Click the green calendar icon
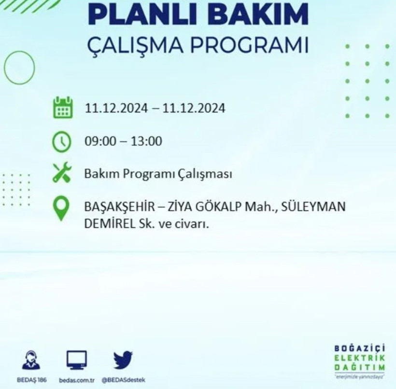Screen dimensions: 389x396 tap(62, 108)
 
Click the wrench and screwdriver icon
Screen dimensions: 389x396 tap(62, 173)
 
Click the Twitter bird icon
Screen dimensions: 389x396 tap(123, 360)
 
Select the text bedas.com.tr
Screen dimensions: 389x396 tap(76, 380)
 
